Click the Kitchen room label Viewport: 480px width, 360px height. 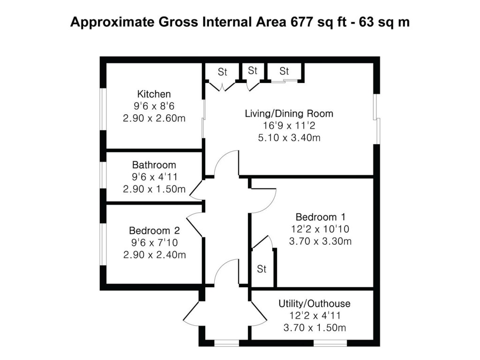click(x=154, y=94)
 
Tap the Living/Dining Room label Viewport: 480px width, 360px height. click(x=289, y=113)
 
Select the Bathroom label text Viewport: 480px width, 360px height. click(x=154, y=165)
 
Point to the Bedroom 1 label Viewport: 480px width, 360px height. click(x=321, y=217)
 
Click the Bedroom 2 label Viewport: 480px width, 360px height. click(x=154, y=231)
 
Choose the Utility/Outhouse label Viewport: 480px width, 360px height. click(x=314, y=304)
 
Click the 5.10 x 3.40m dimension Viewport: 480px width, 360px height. click(x=289, y=138)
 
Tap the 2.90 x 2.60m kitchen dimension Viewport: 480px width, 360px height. click(x=154, y=118)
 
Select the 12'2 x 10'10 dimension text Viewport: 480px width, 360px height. click(x=321, y=229)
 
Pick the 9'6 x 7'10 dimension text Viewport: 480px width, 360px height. click(x=154, y=243)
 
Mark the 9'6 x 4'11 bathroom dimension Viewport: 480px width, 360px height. click(x=154, y=177)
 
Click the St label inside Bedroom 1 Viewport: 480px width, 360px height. click(x=262, y=270)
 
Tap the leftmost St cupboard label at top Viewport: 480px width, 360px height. click(x=222, y=72)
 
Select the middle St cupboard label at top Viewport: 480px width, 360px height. click(x=253, y=71)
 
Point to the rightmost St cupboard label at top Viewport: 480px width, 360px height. click(x=285, y=72)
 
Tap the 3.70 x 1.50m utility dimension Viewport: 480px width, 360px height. click(x=314, y=328)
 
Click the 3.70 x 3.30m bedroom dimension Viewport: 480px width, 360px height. click(x=321, y=241)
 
